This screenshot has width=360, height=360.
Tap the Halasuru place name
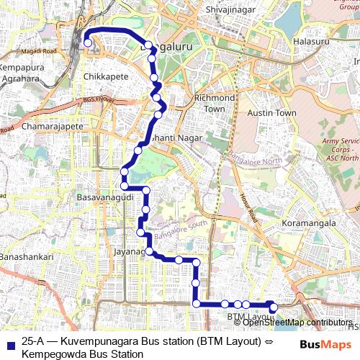(312, 42)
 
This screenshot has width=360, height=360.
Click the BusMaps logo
(321, 345)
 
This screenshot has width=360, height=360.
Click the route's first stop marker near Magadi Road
(87, 43)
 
